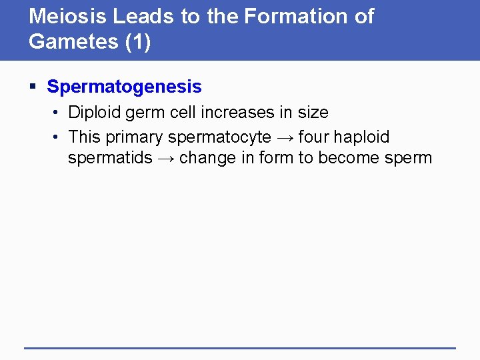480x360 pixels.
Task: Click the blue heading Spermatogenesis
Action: tap(124, 87)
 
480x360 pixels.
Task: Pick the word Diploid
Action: tap(95, 113)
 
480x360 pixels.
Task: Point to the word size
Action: tap(311, 113)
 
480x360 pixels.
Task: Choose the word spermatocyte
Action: tap(219, 138)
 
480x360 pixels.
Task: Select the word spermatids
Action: tap(110, 159)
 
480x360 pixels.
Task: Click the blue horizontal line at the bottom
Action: tap(239, 348)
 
